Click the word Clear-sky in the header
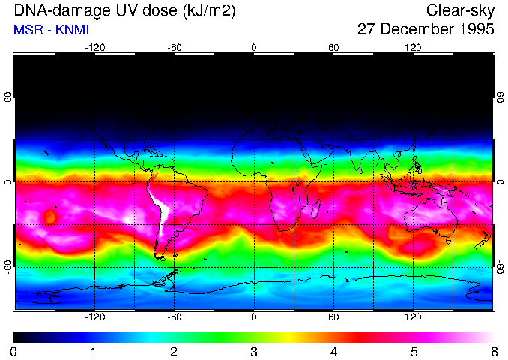pyautogui.click(x=461, y=10)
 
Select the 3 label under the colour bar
pyautogui.click(x=254, y=351)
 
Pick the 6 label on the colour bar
pyautogui.click(x=493, y=351)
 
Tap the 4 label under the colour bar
pyautogui.click(x=333, y=351)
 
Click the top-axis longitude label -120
pyautogui.click(x=94, y=47)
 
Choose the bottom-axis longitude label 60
pyautogui.click(x=333, y=316)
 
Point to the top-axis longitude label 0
pyautogui.click(x=254, y=47)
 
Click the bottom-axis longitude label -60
pyautogui.click(x=174, y=316)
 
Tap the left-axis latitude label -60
pyautogui.click(x=8, y=266)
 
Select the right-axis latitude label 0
pyautogui.click(x=500, y=182)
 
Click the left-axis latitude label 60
pyautogui.click(x=8, y=97)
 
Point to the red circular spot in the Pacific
pyautogui.click(x=49, y=217)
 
